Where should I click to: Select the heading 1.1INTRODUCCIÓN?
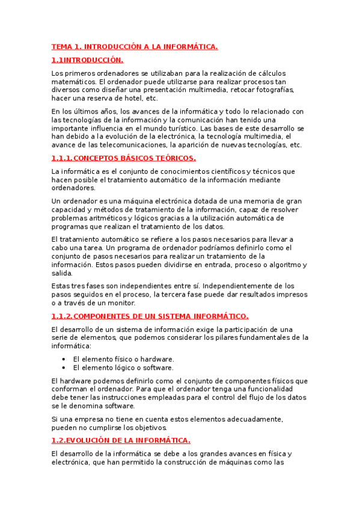tap(87, 60)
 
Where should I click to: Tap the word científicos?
tap(227, 171)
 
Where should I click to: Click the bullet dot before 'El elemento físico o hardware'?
tap(64, 359)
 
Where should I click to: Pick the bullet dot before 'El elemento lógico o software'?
tap(64, 367)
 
